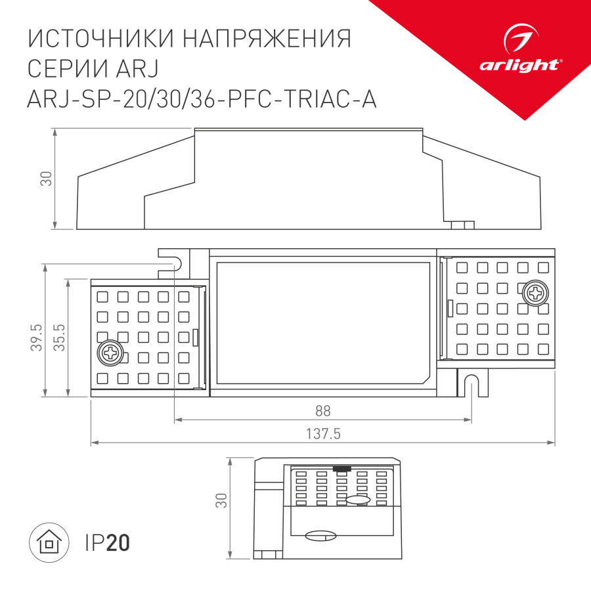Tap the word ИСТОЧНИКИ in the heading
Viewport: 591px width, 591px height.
coord(98,39)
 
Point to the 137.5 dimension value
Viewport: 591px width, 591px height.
coord(322,433)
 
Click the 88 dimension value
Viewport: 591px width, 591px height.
coord(322,411)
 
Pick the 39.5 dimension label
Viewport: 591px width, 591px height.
coord(37,337)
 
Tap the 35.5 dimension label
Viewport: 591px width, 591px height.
coord(59,337)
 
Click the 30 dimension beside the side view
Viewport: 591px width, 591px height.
coord(46,178)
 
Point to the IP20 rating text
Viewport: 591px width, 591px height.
coord(108,543)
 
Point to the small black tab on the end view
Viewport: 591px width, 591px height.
coord(341,469)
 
